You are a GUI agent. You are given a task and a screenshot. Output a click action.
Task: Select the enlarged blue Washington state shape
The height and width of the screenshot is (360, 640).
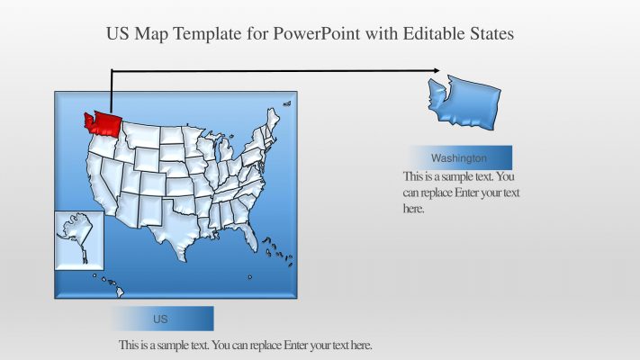pyautogui.click(x=464, y=101)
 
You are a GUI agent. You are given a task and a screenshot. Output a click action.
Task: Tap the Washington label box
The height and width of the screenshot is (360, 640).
pyautogui.click(x=459, y=157)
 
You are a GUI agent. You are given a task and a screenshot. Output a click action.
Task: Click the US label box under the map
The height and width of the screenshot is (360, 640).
pyautogui.click(x=162, y=319)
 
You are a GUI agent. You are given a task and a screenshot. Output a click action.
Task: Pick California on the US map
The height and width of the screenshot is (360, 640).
pyautogui.click(x=98, y=184)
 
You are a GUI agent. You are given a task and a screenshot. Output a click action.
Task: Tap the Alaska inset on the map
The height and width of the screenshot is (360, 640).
pyautogui.click(x=78, y=238)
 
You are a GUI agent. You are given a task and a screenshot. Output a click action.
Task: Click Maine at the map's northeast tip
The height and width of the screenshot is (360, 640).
pyautogui.click(x=274, y=118)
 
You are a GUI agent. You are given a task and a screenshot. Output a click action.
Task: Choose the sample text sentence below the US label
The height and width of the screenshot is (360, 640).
pyautogui.click(x=245, y=346)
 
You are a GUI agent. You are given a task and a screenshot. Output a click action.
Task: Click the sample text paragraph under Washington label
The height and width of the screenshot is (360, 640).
pyautogui.click(x=461, y=193)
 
